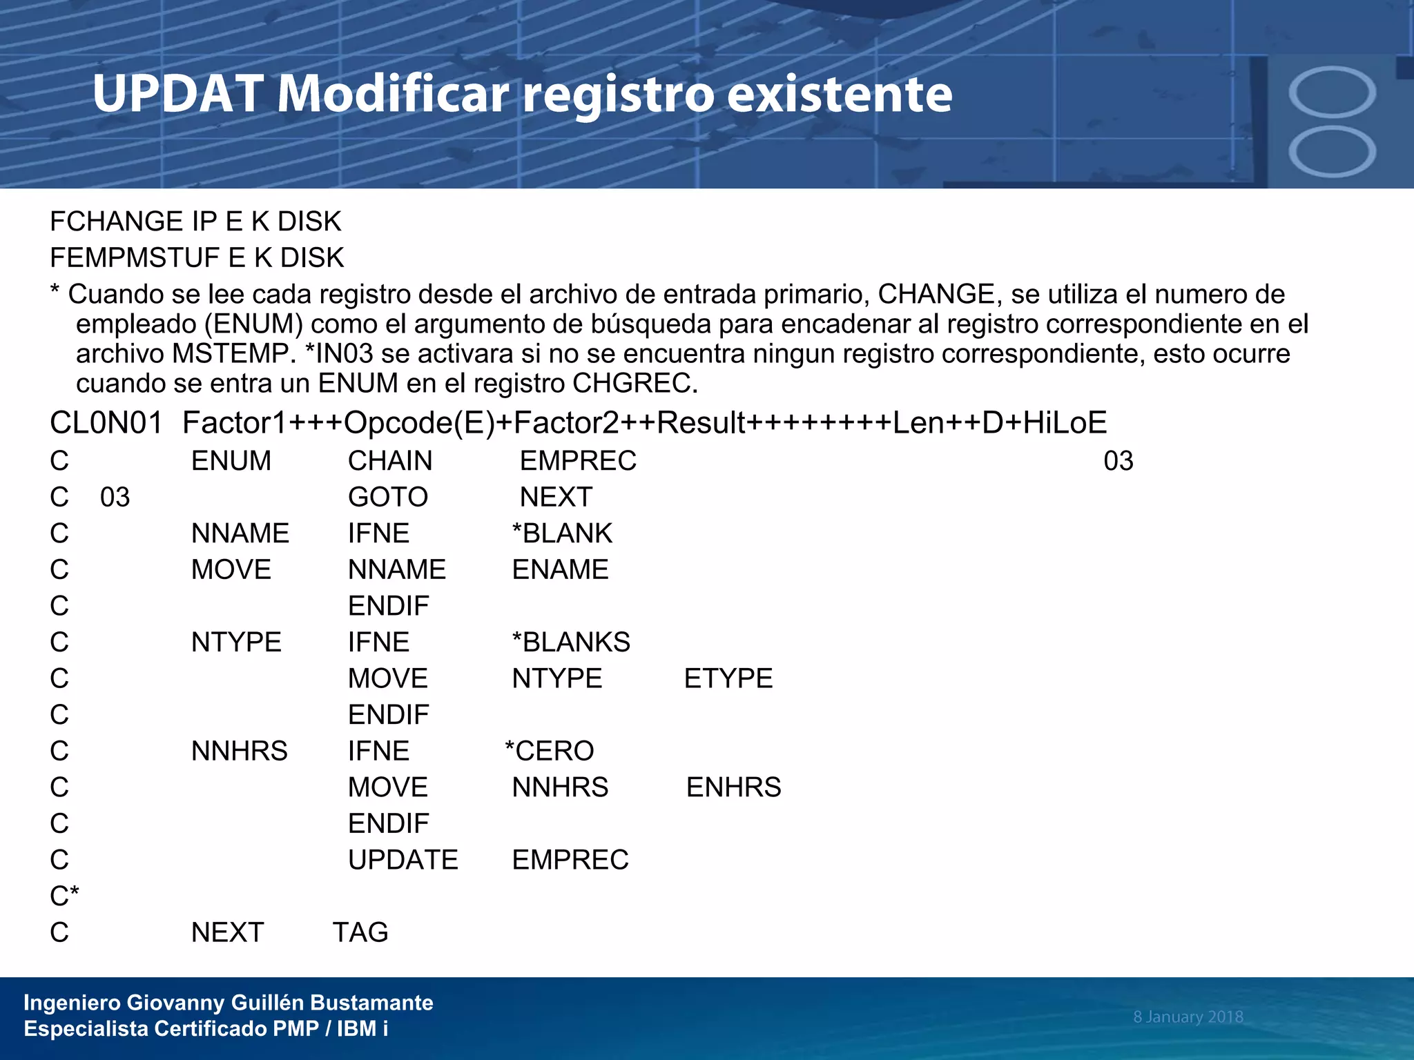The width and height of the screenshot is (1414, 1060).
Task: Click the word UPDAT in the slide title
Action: pos(178,95)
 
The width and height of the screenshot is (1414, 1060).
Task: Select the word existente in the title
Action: pos(840,95)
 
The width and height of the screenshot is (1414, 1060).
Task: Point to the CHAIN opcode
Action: pos(390,461)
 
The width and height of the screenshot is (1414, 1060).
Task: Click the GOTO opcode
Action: pos(388,497)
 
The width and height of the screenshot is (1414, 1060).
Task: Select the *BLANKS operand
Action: pos(571,642)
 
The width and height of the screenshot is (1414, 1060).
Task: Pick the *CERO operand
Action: pos(550,751)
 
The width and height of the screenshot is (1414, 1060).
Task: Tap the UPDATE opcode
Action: pos(403,860)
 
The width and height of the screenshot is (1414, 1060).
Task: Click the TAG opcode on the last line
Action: pos(360,932)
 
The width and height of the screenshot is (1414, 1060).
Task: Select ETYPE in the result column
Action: pos(728,678)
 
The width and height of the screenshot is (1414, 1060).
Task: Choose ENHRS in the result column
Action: pos(734,787)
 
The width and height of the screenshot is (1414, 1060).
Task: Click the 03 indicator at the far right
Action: pos(1118,461)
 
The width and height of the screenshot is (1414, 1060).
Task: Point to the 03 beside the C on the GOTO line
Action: pos(115,498)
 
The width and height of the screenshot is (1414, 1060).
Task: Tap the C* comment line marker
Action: pos(64,896)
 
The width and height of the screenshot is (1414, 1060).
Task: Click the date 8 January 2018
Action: pos(1188,1017)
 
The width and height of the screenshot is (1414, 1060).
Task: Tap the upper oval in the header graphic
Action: pos(1332,92)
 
